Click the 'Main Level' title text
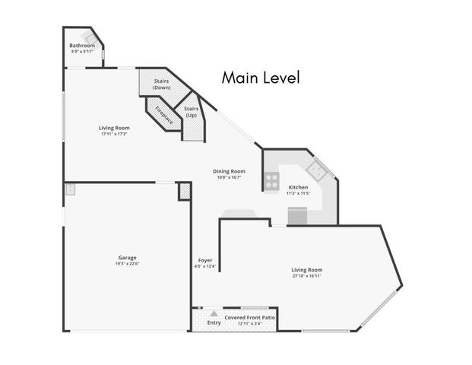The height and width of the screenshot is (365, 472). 261,77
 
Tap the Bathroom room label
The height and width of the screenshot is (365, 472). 82,46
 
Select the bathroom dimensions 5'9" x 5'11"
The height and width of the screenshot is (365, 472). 82,52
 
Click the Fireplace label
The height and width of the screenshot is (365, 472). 164,116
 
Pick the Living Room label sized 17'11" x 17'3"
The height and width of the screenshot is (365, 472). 115,129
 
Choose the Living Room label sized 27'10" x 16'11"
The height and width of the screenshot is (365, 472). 307,270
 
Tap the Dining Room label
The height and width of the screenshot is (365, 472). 229,171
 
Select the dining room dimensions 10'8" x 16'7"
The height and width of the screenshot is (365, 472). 229,178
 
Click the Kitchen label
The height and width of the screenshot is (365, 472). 298,187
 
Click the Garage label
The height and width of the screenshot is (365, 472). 128,258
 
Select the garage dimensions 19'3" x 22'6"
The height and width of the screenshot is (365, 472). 128,265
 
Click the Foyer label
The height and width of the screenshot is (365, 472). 205,260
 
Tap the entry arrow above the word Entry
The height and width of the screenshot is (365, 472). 214,313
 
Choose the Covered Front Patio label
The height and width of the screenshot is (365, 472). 249,316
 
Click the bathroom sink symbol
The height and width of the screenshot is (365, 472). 90,36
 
